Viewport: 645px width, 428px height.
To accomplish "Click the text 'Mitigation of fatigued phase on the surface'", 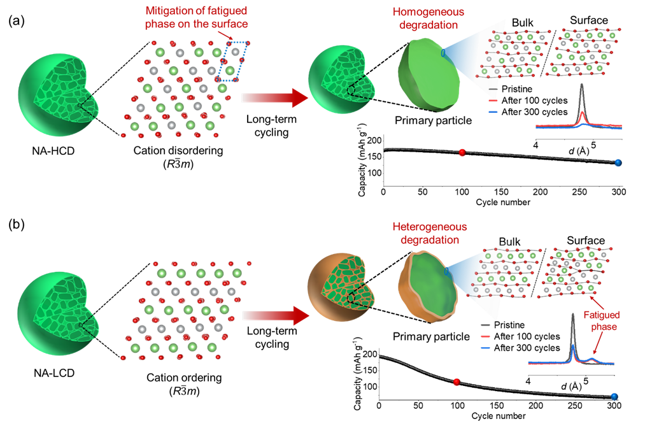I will [x=195, y=17].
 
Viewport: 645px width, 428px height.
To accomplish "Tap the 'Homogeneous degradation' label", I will [x=429, y=19].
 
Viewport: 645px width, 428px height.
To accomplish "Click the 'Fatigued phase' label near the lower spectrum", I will [x=602, y=320].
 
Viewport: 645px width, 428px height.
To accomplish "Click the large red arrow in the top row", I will [x=274, y=97].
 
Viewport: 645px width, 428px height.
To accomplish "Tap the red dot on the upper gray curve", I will [x=462, y=152].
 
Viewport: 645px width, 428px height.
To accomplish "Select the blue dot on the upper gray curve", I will [x=618, y=162].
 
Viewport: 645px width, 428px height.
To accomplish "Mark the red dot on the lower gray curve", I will [x=456, y=382].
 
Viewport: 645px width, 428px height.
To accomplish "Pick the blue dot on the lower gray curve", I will [x=614, y=397].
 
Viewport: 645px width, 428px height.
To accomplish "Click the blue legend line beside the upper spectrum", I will [x=493, y=112].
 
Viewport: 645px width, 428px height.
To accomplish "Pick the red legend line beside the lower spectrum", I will [x=485, y=336].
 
